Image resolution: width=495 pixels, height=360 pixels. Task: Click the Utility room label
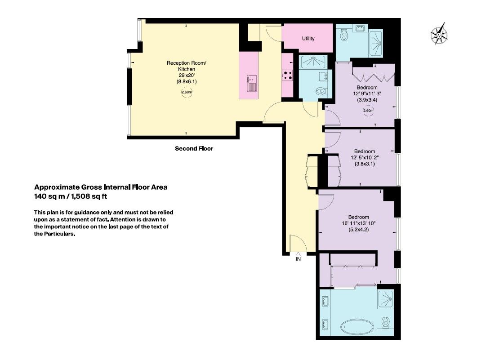tap(308, 39)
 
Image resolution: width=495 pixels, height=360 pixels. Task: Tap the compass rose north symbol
tap(439, 33)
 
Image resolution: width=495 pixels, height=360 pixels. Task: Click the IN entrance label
tap(298, 259)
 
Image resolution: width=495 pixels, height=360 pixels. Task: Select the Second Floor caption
tap(194, 149)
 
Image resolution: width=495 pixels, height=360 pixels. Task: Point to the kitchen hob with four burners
tap(288, 75)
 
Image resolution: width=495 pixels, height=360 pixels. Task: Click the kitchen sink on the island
tap(252, 83)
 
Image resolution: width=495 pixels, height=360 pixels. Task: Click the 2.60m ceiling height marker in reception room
tap(187, 92)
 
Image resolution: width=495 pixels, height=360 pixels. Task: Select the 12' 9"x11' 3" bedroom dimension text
tap(367, 93)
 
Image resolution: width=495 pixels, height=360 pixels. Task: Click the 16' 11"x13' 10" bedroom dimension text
tap(359, 223)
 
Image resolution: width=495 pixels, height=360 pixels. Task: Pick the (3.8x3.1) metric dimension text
tap(365, 164)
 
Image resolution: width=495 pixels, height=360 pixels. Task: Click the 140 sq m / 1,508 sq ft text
tap(71, 196)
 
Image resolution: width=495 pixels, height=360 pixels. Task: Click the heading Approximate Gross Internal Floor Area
tap(101, 187)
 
